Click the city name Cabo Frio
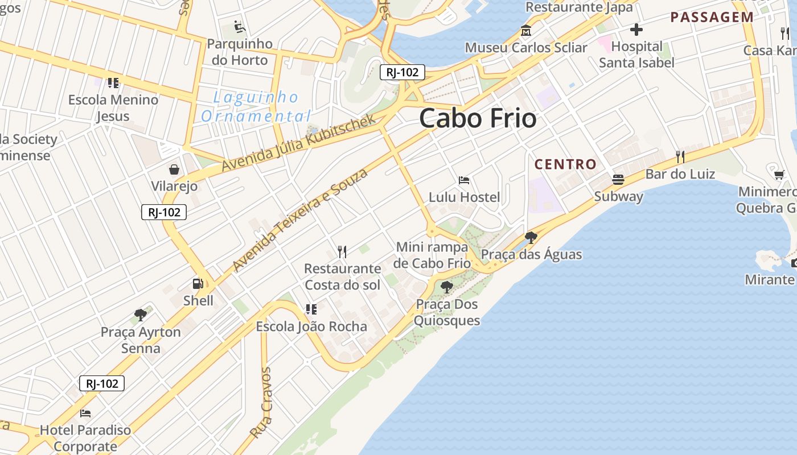point(478,118)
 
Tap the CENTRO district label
point(565,164)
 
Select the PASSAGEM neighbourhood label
point(712,17)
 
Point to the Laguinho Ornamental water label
point(256,107)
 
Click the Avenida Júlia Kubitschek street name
point(298,143)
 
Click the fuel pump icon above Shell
point(198,283)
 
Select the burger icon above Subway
point(618,180)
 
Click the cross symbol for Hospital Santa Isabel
point(636,29)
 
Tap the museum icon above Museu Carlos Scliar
point(525,31)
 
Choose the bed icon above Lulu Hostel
point(464,180)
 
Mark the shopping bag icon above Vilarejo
point(174,169)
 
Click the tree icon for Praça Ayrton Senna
point(140,315)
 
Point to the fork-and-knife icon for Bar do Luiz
point(680,156)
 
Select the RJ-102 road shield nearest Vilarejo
point(164,212)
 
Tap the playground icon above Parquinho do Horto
point(240,27)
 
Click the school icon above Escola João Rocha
point(311,309)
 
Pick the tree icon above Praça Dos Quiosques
point(447,287)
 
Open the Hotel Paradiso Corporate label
point(85,438)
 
